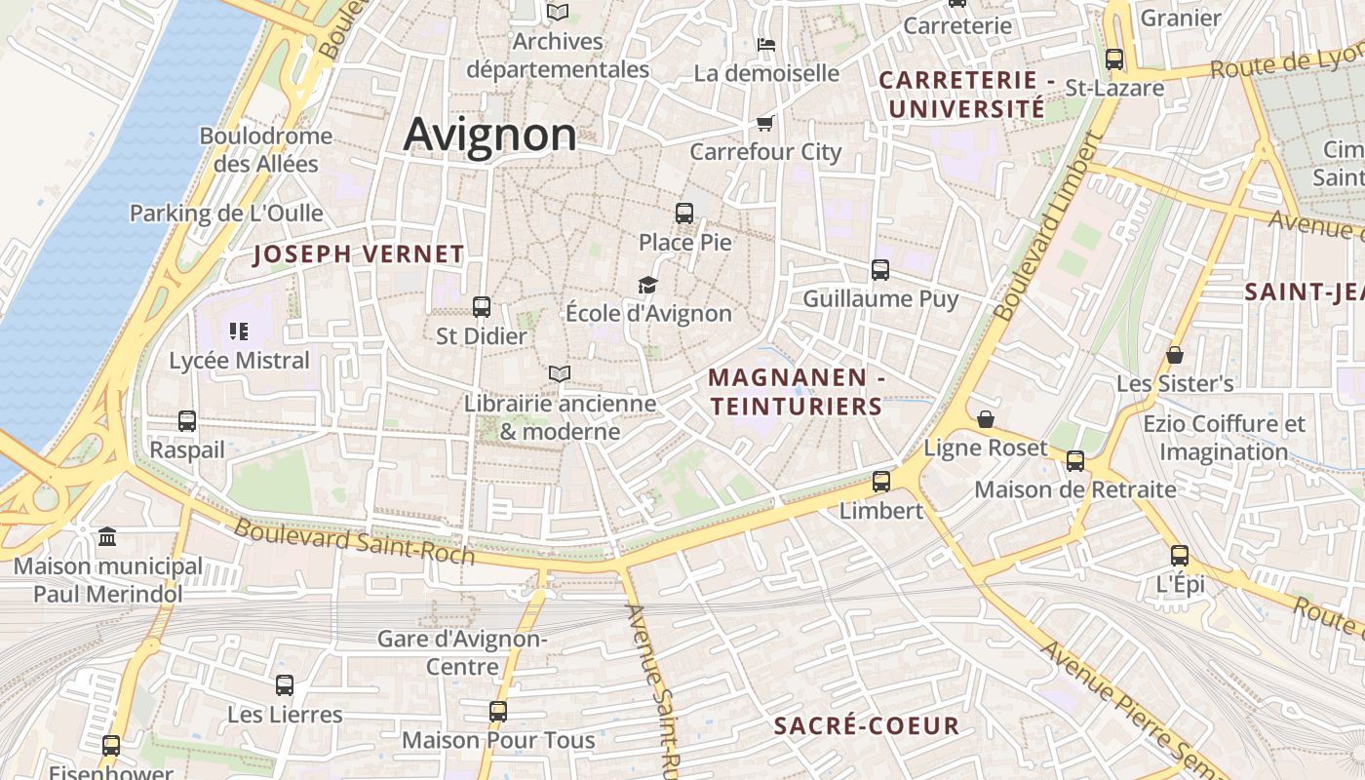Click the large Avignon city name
pos(489,134)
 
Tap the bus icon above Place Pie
pos(684,213)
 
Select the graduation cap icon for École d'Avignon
pos(647,285)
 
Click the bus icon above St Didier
pos(481,307)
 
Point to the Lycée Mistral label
pos(239,361)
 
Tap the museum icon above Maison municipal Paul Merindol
pos(107,537)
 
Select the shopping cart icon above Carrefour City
pos(764,123)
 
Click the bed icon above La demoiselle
pos(766,45)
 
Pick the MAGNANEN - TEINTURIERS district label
pos(796,391)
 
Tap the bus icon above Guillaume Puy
pos(880,270)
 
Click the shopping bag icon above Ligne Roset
pos(986,419)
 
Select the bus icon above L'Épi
pos(1180,556)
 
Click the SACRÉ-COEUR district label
pos(867,725)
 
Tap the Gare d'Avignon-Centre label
pos(462,653)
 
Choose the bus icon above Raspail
pos(187,421)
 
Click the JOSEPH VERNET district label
pos(359,254)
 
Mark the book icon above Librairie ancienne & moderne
pos(559,374)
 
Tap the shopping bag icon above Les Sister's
pos(1175,355)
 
